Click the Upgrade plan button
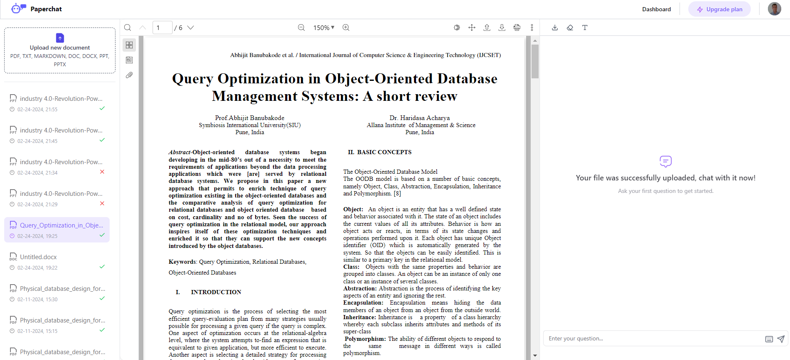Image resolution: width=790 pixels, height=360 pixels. tap(719, 9)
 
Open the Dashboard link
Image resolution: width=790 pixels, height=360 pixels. tap(656, 9)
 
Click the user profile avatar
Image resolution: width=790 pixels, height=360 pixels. tap(774, 9)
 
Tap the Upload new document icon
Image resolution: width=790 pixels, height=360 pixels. tap(60, 38)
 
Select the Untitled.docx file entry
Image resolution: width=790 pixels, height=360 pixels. tap(38, 257)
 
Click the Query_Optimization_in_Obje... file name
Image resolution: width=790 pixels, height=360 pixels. tap(61, 225)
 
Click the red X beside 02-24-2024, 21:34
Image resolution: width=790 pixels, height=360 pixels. tap(102, 172)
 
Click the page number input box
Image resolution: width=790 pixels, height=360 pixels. tap(162, 27)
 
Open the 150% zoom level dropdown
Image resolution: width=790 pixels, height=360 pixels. tap(324, 27)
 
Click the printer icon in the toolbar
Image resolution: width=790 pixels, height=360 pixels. tap(517, 27)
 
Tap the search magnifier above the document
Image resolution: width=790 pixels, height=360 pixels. tap(128, 27)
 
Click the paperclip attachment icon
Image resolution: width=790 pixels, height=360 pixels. tap(129, 75)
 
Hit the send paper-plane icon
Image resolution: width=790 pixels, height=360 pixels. tap(781, 339)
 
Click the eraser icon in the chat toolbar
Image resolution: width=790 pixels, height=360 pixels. tap(570, 27)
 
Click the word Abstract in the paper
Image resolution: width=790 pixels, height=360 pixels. tap(180, 152)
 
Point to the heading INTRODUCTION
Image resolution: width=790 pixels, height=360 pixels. tap(216, 292)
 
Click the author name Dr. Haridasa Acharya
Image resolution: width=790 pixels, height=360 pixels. tap(419, 118)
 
